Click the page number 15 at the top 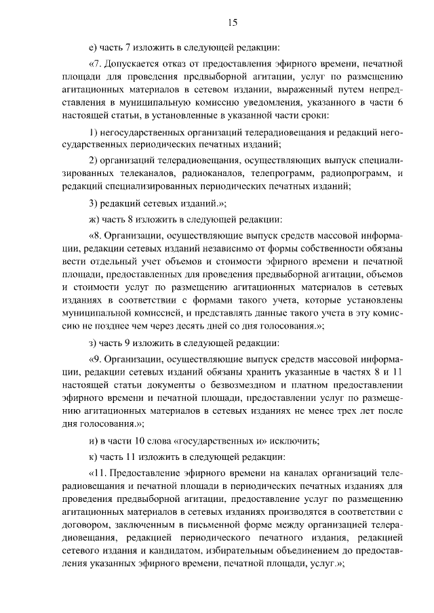point(232,23)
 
